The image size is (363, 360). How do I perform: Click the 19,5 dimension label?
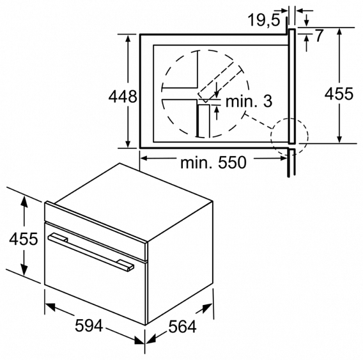[x=264, y=20]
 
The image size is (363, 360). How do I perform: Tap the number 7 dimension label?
[x=319, y=36]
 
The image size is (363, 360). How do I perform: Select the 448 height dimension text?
[x=123, y=97]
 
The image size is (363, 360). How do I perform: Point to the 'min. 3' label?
[x=248, y=100]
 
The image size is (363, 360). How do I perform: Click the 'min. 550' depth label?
[x=213, y=162]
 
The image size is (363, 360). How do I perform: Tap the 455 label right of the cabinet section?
[x=338, y=94]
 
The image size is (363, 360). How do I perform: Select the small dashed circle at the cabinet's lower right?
[x=289, y=136]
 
